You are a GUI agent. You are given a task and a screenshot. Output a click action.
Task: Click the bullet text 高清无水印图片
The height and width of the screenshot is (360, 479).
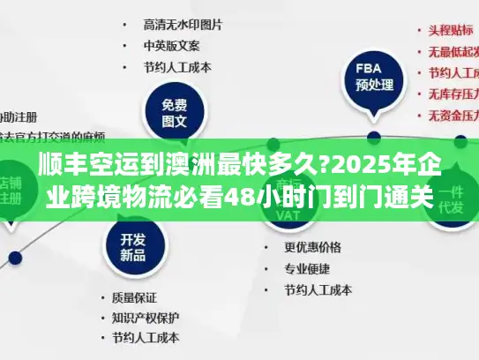pos(183,24)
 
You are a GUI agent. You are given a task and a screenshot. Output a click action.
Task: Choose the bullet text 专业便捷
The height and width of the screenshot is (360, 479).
pos(308,268)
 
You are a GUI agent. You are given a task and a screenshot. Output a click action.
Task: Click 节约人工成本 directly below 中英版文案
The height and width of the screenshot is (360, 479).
pos(177,66)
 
